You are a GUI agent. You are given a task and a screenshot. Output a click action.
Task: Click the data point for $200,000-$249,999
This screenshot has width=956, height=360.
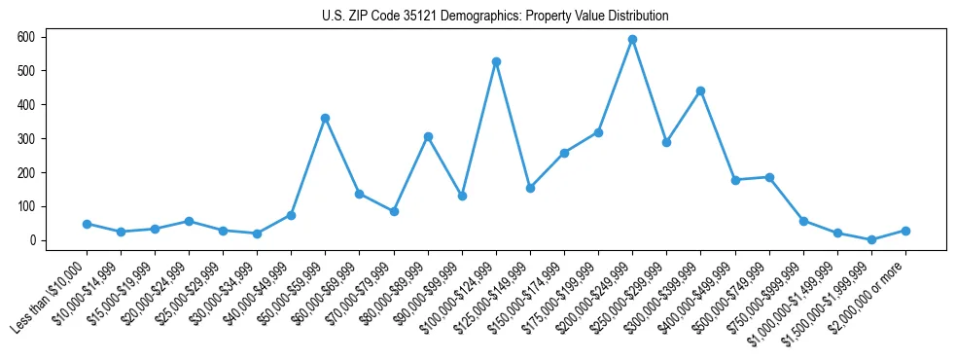coord(632,40)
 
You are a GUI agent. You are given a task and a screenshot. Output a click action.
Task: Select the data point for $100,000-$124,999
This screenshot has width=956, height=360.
coord(496,62)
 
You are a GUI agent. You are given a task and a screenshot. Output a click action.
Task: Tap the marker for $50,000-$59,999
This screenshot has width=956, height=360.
coord(325,118)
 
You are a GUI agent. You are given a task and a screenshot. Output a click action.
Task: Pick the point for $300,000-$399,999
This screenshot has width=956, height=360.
coord(700,90)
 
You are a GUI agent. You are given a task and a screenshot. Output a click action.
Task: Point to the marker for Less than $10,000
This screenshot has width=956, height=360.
coord(87,224)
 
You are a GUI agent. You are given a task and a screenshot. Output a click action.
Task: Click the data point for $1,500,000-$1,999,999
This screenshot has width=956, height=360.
coord(871,239)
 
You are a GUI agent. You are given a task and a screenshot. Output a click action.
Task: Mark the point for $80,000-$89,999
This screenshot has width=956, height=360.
coord(428,137)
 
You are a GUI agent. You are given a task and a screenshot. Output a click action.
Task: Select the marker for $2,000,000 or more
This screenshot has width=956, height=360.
coord(905,231)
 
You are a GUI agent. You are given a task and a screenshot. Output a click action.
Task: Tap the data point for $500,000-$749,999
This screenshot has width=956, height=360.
coord(769,177)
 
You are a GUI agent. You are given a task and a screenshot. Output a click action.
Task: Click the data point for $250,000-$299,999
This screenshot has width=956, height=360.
coord(666,142)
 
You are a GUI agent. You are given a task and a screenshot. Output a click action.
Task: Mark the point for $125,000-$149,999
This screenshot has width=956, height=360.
coord(530,188)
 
